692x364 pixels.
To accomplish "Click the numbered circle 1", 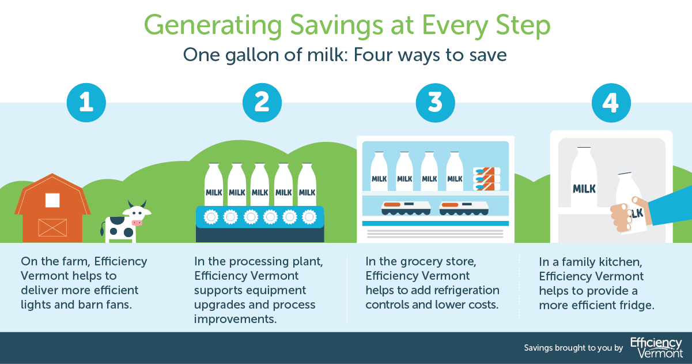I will tap(86, 102).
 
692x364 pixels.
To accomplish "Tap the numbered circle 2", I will tap(262, 102).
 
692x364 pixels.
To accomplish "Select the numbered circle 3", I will tap(436, 102).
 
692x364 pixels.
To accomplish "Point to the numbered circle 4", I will tap(611, 102).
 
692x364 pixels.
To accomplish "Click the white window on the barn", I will tap(52, 200).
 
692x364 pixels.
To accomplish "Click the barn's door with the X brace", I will tap(52, 227).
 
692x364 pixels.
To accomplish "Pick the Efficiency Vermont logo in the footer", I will tap(657, 347).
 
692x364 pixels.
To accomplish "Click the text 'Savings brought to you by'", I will tap(573, 348).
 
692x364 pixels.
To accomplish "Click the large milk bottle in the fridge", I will tap(584, 179).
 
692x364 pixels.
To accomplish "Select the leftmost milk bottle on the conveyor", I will tap(213, 183).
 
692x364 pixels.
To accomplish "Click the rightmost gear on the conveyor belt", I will tap(309, 217).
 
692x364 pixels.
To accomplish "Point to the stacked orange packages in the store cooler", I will tap(486, 179).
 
